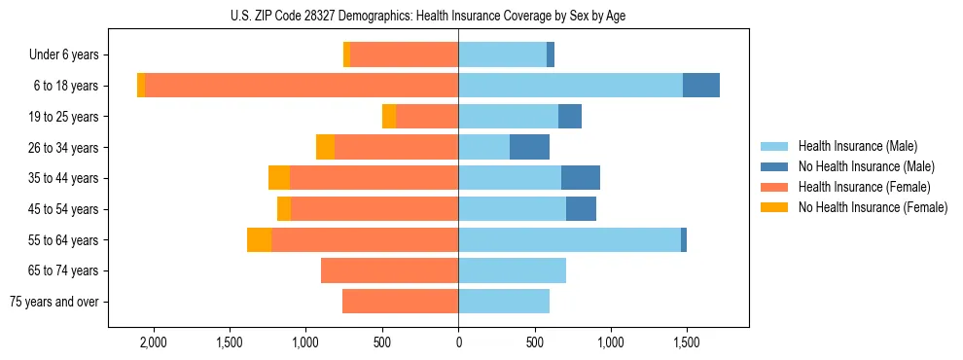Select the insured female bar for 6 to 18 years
coord(302,86)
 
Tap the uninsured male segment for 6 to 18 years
coord(700,86)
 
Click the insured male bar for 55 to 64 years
coord(569,240)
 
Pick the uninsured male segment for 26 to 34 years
coord(529,147)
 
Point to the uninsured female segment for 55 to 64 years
coord(259,240)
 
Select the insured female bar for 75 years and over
coord(400,302)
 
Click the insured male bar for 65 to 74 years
coord(512,270)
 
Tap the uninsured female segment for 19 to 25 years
coord(389,117)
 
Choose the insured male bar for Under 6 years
coord(502,54)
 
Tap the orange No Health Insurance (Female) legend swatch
coord(775,207)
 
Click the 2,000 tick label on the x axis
coord(154,343)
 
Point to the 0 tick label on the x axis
coord(458,343)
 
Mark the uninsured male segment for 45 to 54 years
coord(581,209)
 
